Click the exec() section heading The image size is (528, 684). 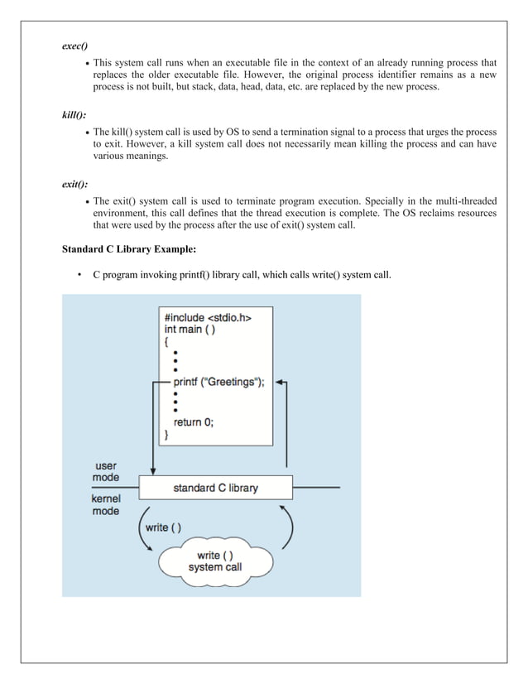76,46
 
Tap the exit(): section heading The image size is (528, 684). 75,184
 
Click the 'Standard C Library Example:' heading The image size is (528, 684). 128,249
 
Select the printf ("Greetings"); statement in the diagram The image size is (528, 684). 218,382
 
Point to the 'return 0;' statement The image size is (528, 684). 193,421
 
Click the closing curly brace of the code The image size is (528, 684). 166,434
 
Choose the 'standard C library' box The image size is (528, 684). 215,488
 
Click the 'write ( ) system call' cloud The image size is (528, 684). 215,561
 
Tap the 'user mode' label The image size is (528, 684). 106,472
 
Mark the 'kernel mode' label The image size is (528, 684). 105,505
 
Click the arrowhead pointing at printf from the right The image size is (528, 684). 279,383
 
